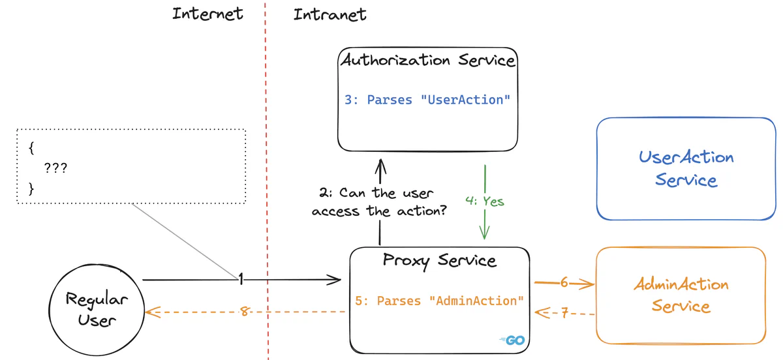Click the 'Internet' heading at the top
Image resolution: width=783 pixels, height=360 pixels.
(x=207, y=14)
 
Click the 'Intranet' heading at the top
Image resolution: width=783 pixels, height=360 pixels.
(x=330, y=14)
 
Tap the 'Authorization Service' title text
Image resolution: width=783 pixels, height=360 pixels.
(x=427, y=61)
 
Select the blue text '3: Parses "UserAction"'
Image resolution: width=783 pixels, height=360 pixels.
(x=427, y=100)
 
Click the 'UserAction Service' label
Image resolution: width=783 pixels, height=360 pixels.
(x=686, y=168)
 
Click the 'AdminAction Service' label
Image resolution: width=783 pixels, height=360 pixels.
(x=681, y=295)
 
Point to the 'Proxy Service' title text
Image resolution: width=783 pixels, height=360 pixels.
(x=439, y=261)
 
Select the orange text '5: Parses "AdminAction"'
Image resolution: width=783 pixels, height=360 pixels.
(x=440, y=301)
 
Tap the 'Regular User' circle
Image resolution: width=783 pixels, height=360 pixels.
(x=97, y=309)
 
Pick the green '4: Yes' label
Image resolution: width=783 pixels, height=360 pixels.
(x=485, y=201)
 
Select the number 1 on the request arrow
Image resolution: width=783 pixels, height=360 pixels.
(x=240, y=280)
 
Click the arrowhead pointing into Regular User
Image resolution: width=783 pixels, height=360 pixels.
(x=152, y=312)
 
